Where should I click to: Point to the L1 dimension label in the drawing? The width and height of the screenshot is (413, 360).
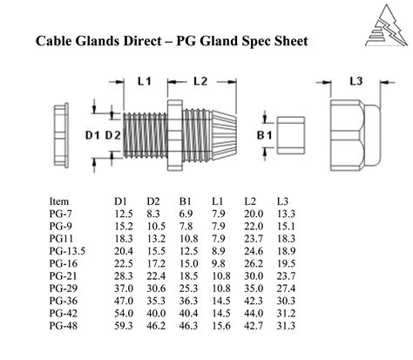coord(145,81)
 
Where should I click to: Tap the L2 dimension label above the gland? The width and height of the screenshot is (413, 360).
coord(199,81)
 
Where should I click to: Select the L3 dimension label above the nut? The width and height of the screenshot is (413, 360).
coord(355,81)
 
